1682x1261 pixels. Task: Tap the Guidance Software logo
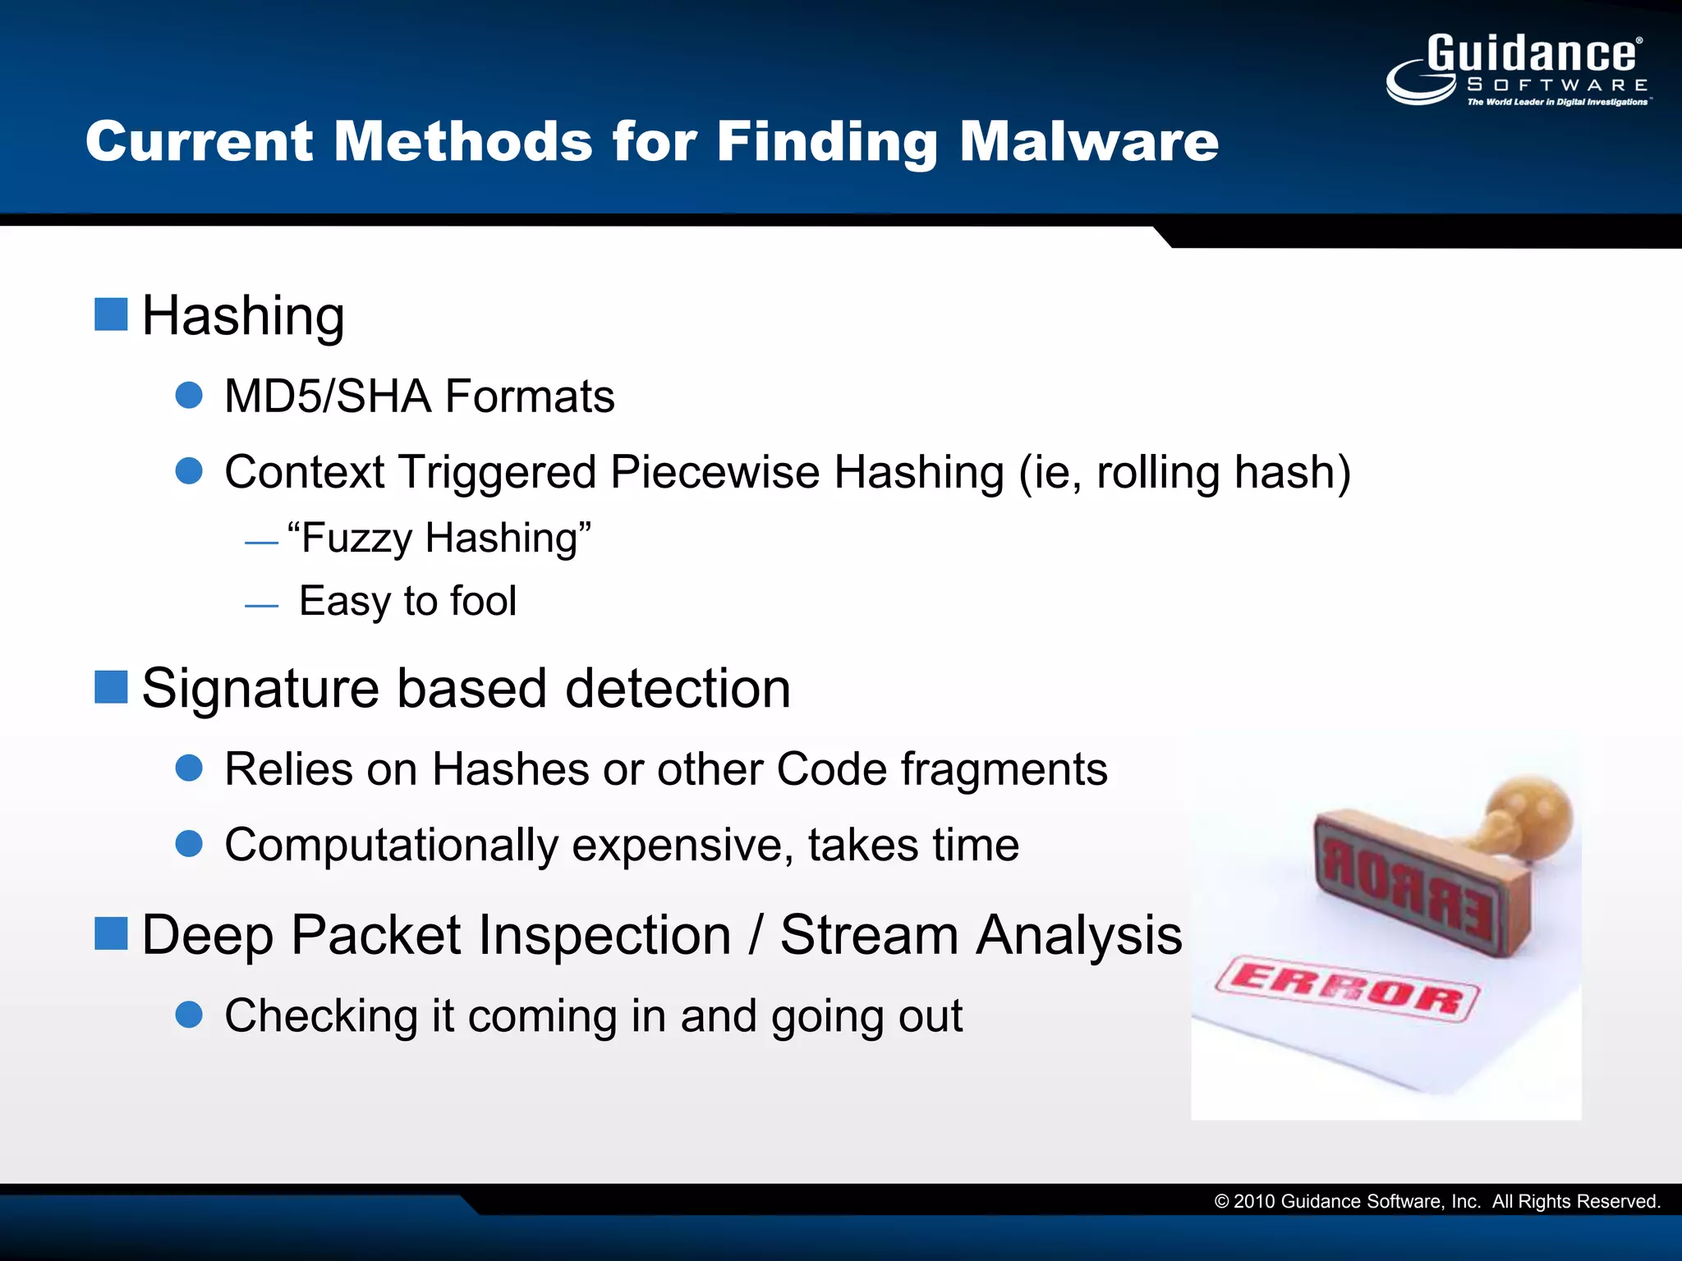[1519, 70]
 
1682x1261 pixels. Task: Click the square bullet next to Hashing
[111, 314]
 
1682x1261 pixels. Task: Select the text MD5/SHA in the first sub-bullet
[328, 397]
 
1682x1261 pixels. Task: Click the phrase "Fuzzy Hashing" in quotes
[439, 539]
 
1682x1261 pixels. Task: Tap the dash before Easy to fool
[261, 606]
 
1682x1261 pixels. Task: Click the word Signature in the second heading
[260, 688]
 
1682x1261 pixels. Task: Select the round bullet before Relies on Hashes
[189, 768]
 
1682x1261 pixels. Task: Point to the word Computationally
[391, 845]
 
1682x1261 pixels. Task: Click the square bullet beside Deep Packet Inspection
[111, 933]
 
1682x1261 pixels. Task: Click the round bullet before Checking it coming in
[189, 1015]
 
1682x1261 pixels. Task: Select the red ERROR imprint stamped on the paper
[1347, 988]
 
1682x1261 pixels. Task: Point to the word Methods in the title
[463, 141]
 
